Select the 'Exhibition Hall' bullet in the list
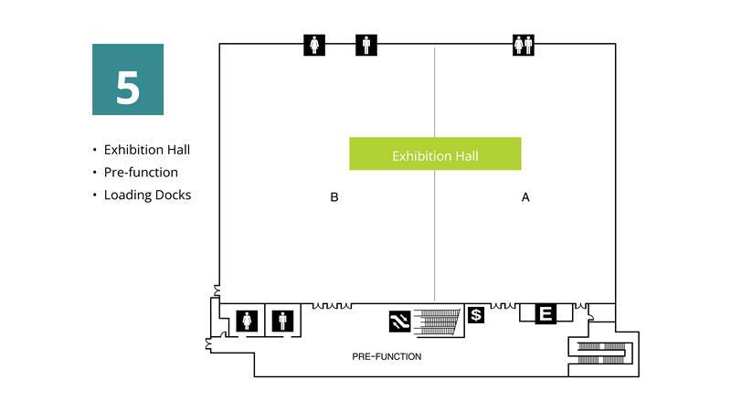(146, 150)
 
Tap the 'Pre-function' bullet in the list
(141, 172)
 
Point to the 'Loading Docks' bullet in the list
(147, 195)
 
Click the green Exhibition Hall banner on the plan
(435, 154)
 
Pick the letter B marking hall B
(334, 196)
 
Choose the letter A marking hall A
(525, 196)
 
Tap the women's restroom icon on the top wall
(314, 44)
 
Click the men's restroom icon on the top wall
(366, 44)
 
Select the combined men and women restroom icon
(524, 44)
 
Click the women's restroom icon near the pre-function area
(249, 321)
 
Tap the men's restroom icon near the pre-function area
(283, 321)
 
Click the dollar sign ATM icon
(475, 315)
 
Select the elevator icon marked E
(545, 314)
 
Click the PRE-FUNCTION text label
(387, 356)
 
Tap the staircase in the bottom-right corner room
(604, 352)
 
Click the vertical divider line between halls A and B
(434, 228)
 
